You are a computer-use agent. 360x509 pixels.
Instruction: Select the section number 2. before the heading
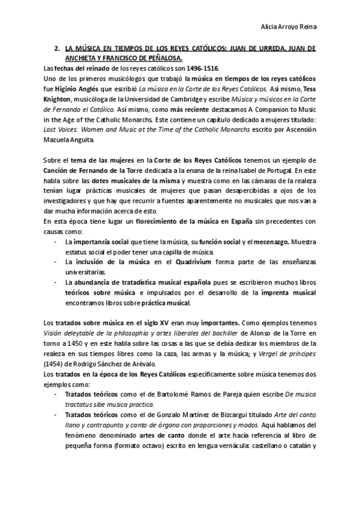click(x=56, y=47)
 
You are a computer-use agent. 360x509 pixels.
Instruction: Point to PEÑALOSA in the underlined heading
click(x=142, y=58)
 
